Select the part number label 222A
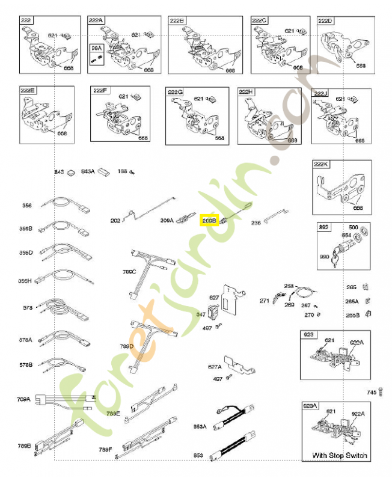(x=96, y=20)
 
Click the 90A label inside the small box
(x=95, y=47)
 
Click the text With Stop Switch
(x=339, y=455)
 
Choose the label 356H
(x=25, y=280)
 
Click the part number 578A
(x=25, y=339)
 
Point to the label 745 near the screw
(x=372, y=392)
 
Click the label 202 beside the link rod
(x=115, y=221)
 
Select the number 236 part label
(x=256, y=222)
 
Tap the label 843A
(x=88, y=171)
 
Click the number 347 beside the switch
(x=200, y=314)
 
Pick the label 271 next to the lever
(x=264, y=300)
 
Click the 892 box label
(x=323, y=227)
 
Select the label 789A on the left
(x=24, y=399)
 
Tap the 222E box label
(x=28, y=90)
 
